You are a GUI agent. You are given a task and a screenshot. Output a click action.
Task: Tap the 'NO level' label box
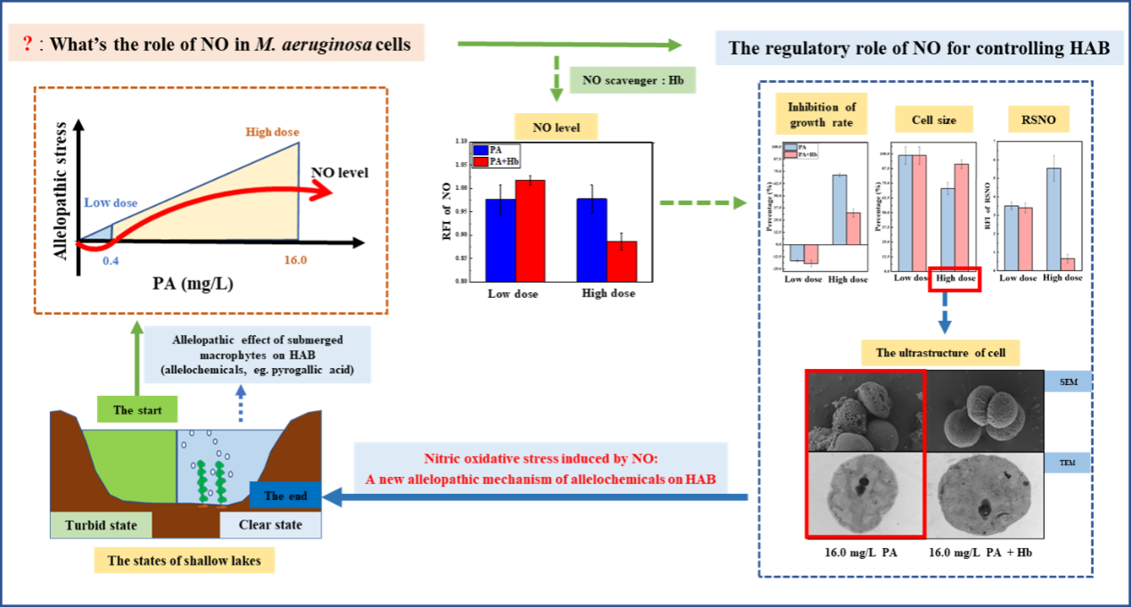[556, 127]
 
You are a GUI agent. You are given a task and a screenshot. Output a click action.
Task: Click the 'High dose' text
[272, 133]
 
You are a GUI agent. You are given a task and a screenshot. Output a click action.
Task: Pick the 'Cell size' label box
[934, 119]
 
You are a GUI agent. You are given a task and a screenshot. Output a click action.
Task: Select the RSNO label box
[1037, 119]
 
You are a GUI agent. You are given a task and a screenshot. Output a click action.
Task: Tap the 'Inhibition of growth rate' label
[821, 116]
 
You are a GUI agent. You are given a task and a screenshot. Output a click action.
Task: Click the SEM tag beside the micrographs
[1067, 382]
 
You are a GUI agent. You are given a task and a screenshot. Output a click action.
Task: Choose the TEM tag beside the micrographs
[1067, 462]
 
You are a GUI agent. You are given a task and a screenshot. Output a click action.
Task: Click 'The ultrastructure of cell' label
[940, 353]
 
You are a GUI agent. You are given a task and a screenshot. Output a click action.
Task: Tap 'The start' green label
[136, 409]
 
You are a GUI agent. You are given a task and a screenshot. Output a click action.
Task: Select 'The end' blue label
[286, 496]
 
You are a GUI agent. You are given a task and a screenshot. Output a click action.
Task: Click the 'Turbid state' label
[101, 525]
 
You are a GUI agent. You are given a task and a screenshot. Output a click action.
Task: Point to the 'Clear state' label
[270, 525]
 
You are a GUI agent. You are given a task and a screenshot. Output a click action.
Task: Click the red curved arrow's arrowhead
[324, 190]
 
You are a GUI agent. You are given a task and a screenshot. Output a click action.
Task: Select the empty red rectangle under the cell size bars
[954, 279]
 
